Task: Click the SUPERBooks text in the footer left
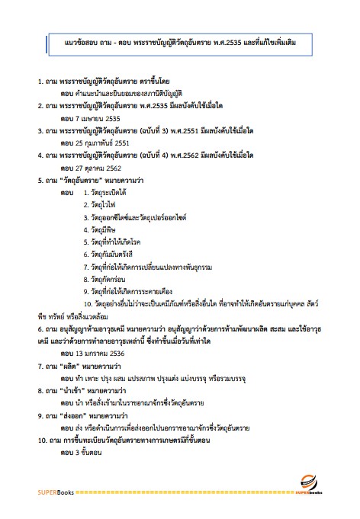[x=53, y=492]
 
